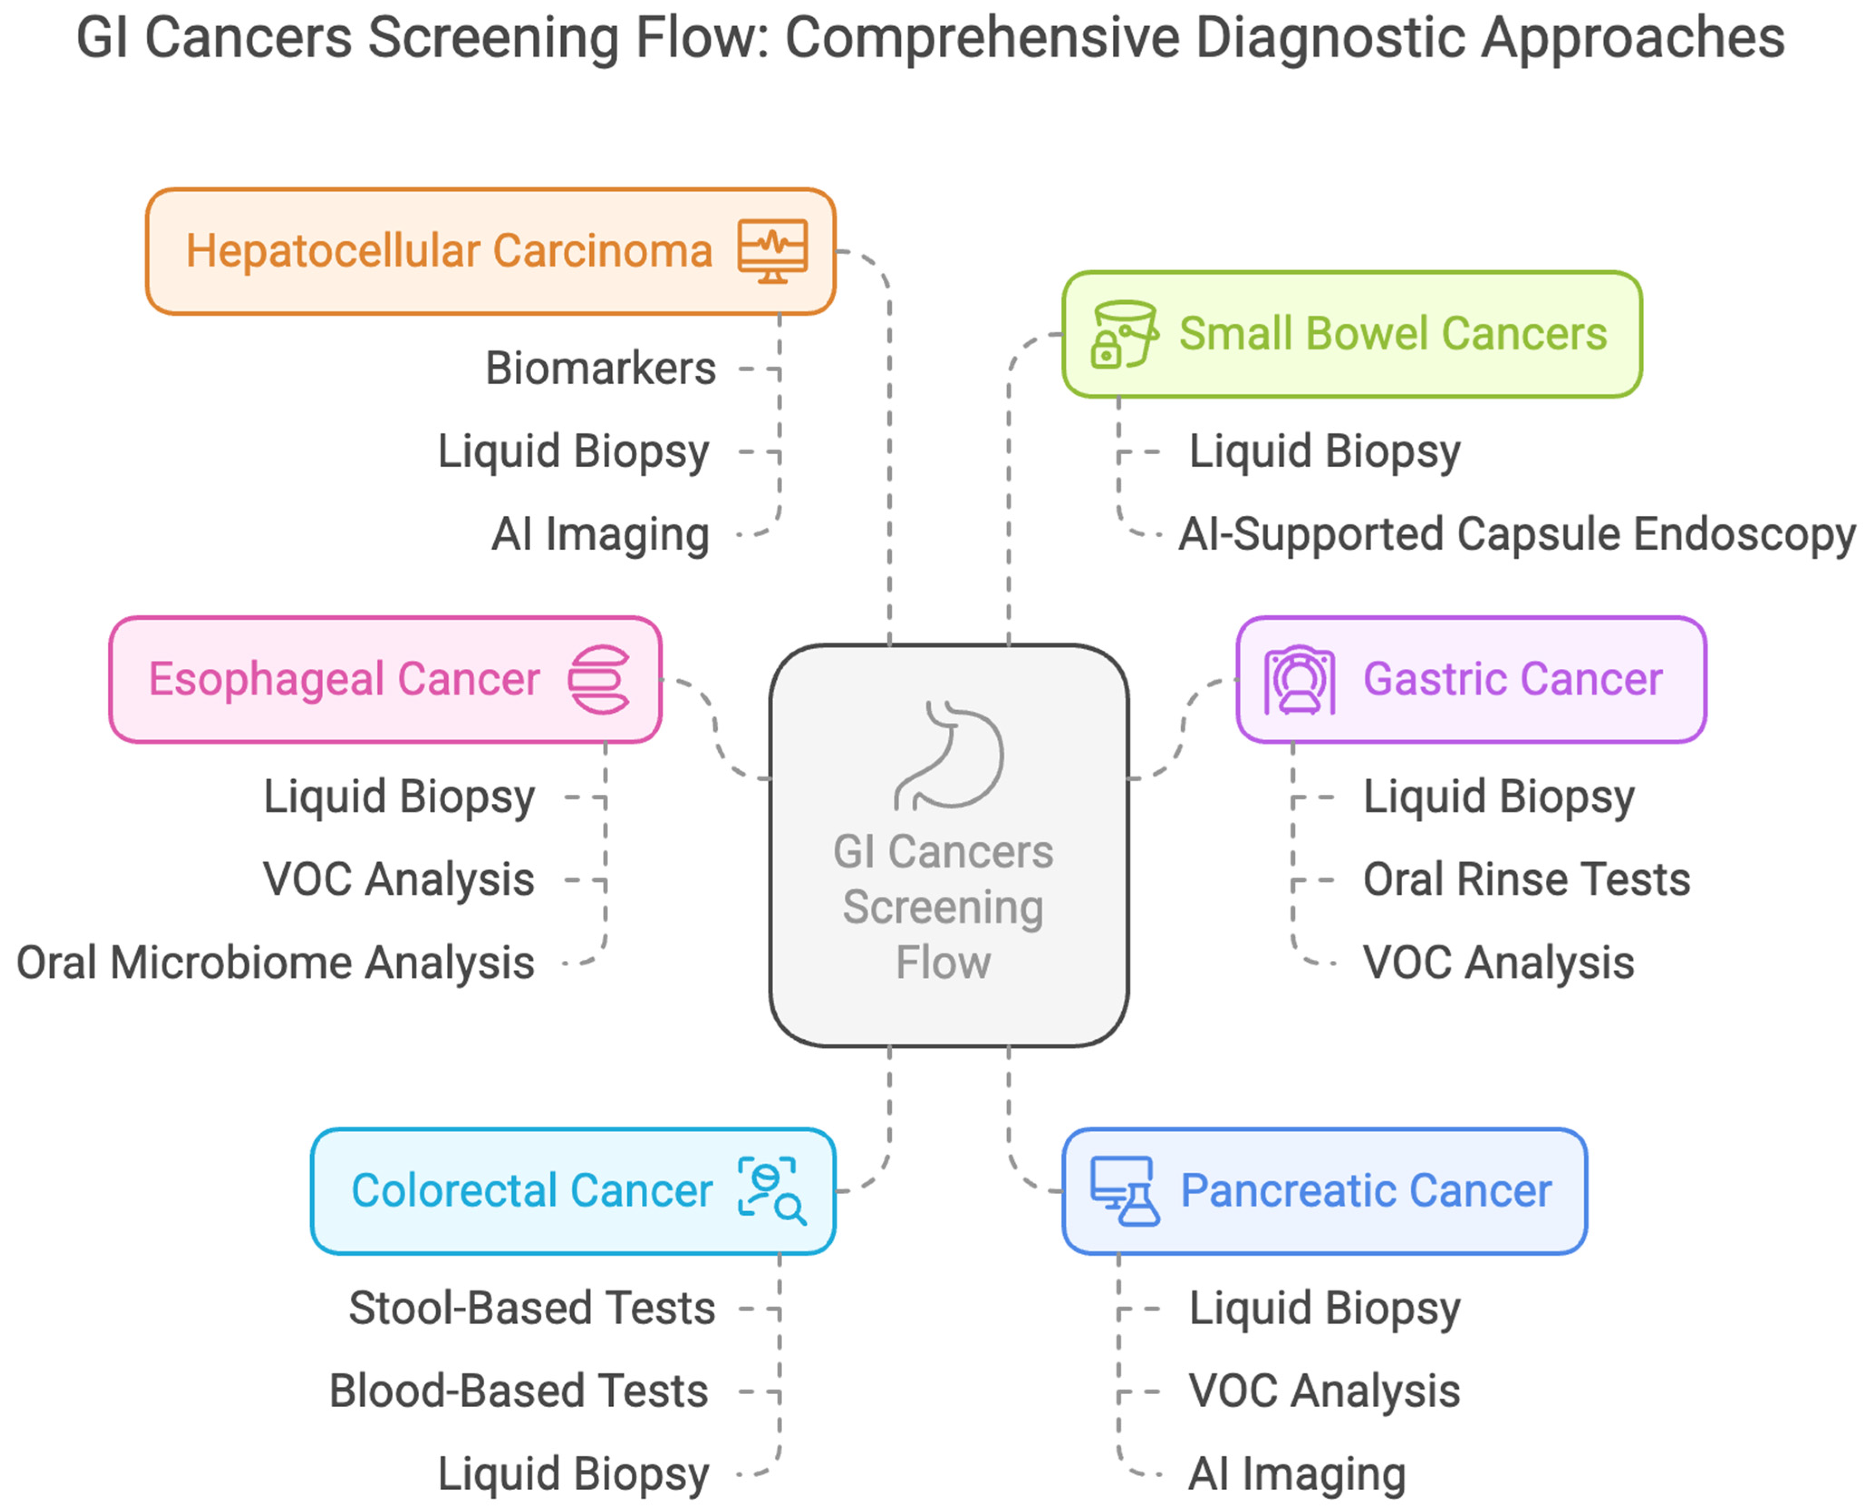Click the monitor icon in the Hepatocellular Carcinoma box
coord(772,251)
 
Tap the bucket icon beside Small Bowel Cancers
coord(1123,334)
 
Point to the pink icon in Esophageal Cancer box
coord(599,680)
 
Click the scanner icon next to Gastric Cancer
coord(1299,680)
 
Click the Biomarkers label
coord(600,368)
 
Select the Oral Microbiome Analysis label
coord(275,963)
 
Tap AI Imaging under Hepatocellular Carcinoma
coord(600,534)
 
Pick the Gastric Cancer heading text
coord(1512,680)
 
